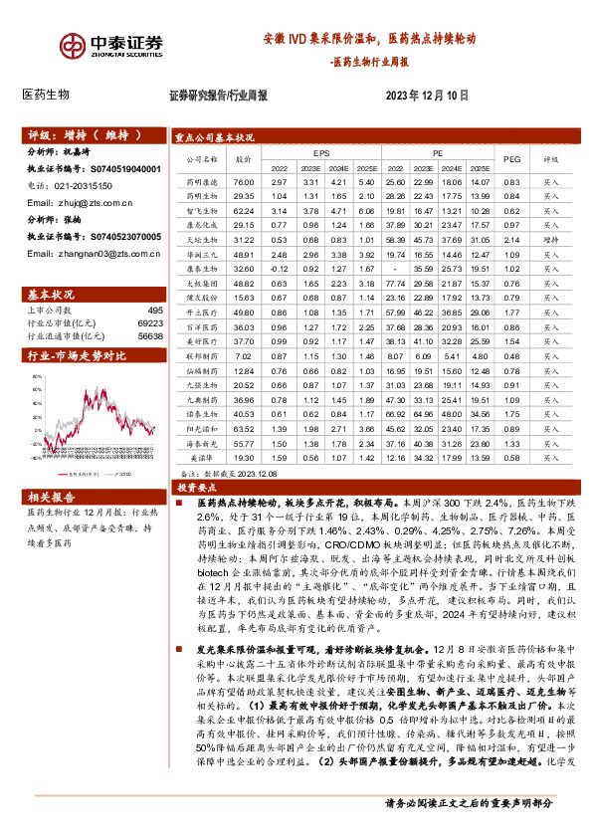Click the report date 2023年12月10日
[x=427, y=96]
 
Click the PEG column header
[x=511, y=159]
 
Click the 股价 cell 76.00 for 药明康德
[x=244, y=183]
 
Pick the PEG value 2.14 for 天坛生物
[x=511, y=240]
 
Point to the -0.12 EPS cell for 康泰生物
[x=279, y=269]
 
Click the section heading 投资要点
[x=191, y=489]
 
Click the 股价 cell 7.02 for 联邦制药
[x=244, y=355]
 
